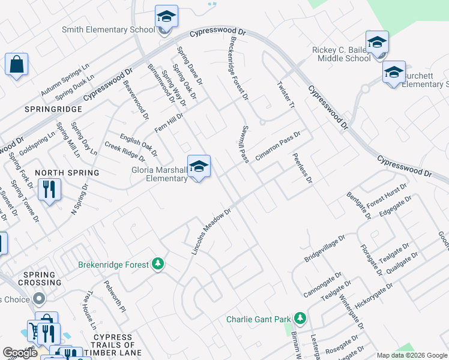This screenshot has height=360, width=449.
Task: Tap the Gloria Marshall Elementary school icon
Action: point(199,167)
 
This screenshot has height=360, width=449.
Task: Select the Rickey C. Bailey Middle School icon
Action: point(377,43)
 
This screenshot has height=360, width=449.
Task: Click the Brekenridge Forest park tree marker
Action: point(158,264)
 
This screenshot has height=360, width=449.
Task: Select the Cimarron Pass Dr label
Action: point(277,145)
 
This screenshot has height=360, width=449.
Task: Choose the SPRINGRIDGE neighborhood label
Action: point(44,109)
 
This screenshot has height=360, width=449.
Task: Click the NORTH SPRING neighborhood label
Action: point(67,173)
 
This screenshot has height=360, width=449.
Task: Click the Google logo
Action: point(20,353)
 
